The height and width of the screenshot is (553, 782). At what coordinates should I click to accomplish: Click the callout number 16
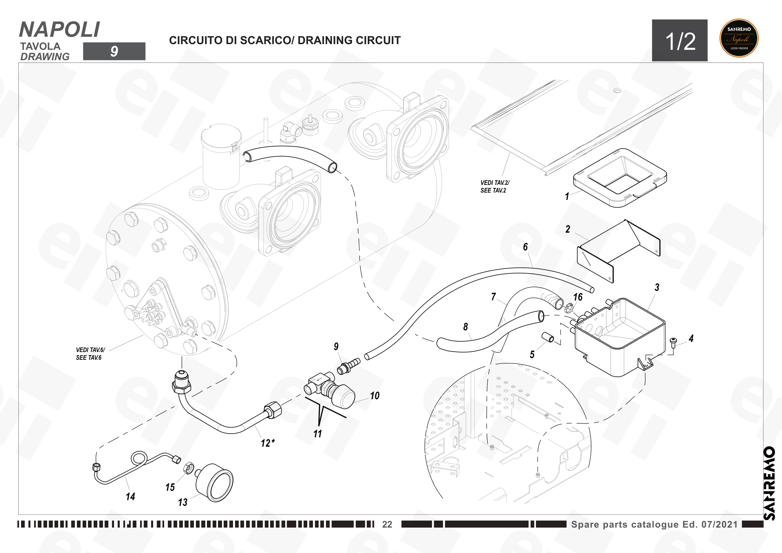click(578, 297)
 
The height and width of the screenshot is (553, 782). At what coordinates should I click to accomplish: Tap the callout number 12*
click(268, 443)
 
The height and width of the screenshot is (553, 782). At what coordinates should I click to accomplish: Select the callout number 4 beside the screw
click(691, 338)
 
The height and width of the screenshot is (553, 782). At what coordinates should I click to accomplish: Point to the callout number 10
click(375, 395)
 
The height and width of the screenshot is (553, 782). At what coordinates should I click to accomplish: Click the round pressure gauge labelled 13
click(215, 482)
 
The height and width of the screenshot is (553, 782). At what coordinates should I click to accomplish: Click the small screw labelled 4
click(673, 343)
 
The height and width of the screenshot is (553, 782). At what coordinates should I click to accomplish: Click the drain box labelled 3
click(618, 337)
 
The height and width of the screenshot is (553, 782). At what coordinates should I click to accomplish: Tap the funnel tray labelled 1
click(620, 178)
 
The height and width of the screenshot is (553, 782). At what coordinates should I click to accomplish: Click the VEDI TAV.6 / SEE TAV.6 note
click(90, 353)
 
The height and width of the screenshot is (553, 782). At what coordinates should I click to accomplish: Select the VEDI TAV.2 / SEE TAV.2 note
click(495, 187)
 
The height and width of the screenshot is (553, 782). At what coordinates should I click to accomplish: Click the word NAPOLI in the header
click(60, 30)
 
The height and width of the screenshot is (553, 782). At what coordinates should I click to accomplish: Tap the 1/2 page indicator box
click(679, 40)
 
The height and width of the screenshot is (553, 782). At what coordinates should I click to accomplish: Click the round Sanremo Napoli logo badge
click(739, 38)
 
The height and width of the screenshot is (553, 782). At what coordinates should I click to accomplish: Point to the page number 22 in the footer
click(387, 524)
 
